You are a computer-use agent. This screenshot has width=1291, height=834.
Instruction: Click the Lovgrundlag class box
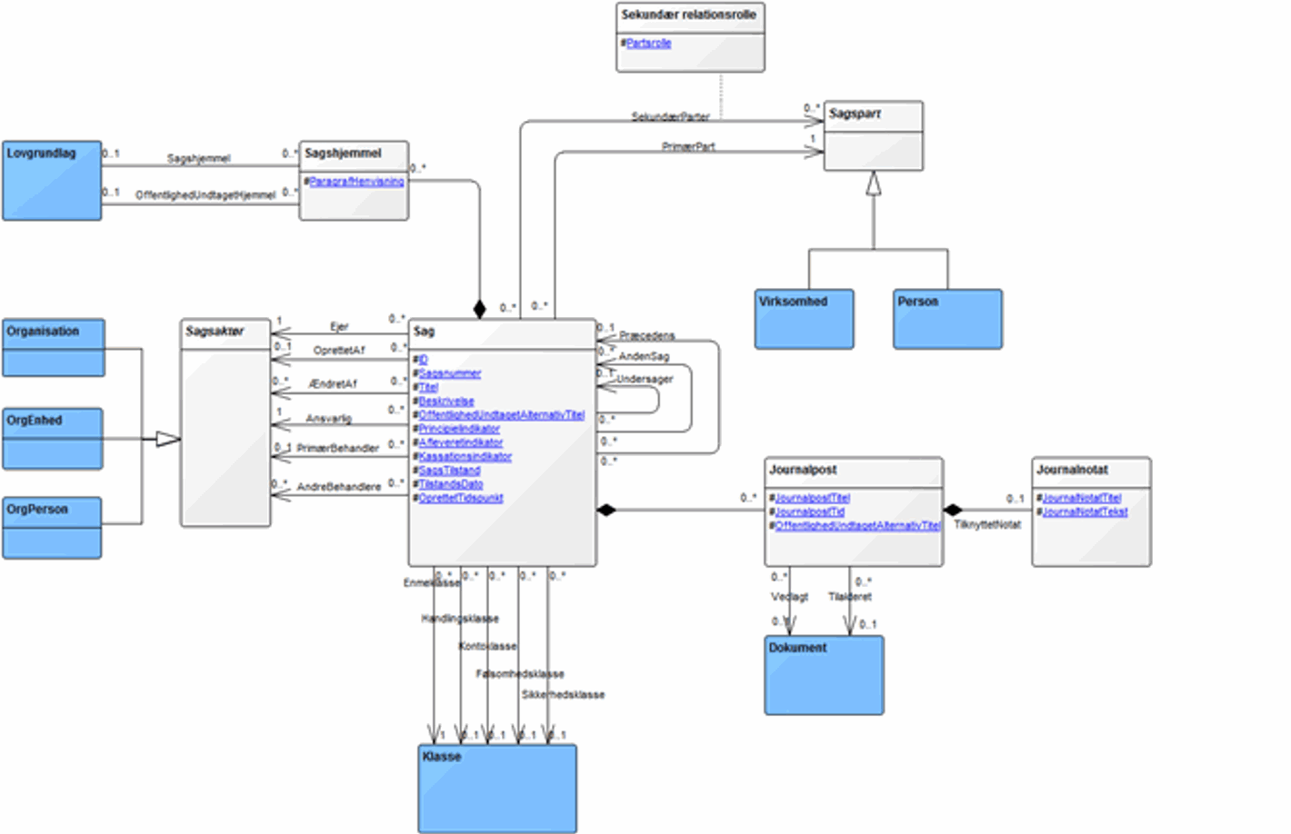tap(52, 181)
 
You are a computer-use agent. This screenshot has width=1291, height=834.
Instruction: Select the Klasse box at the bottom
tap(497, 789)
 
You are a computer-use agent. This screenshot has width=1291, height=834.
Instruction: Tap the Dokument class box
tap(824, 675)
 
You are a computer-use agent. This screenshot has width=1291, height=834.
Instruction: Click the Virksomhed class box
tap(804, 319)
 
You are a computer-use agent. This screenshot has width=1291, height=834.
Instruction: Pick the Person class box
tap(947, 319)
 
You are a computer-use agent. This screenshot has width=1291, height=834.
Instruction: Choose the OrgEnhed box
tap(53, 439)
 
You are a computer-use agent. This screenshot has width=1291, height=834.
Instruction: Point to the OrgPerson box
tap(52, 528)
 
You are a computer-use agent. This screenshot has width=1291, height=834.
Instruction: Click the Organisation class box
tap(54, 348)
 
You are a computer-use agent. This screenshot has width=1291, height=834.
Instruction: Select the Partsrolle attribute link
tap(648, 43)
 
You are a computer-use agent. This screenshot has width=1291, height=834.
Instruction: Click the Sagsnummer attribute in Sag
tap(449, 373)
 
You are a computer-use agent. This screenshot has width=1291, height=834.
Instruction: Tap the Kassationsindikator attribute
tap(465, 456)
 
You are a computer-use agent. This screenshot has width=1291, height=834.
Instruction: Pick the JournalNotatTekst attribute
tap(1085, 511)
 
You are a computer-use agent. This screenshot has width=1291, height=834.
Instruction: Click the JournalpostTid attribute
tap(809, 511)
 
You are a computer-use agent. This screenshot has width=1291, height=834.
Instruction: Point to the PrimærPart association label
tap(688, 146)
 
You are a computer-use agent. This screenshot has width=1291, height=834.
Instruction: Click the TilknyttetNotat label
tap(986, 524)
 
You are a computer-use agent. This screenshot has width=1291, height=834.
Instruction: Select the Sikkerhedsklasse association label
tap(563, 694)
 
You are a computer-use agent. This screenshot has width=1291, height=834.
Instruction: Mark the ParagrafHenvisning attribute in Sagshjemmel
tap(356, 182)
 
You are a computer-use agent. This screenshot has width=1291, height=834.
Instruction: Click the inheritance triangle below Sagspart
tap(874, 184)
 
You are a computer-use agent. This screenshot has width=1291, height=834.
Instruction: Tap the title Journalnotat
tap(1072, 470)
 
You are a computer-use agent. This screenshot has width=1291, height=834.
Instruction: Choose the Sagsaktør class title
tap(215, 332)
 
